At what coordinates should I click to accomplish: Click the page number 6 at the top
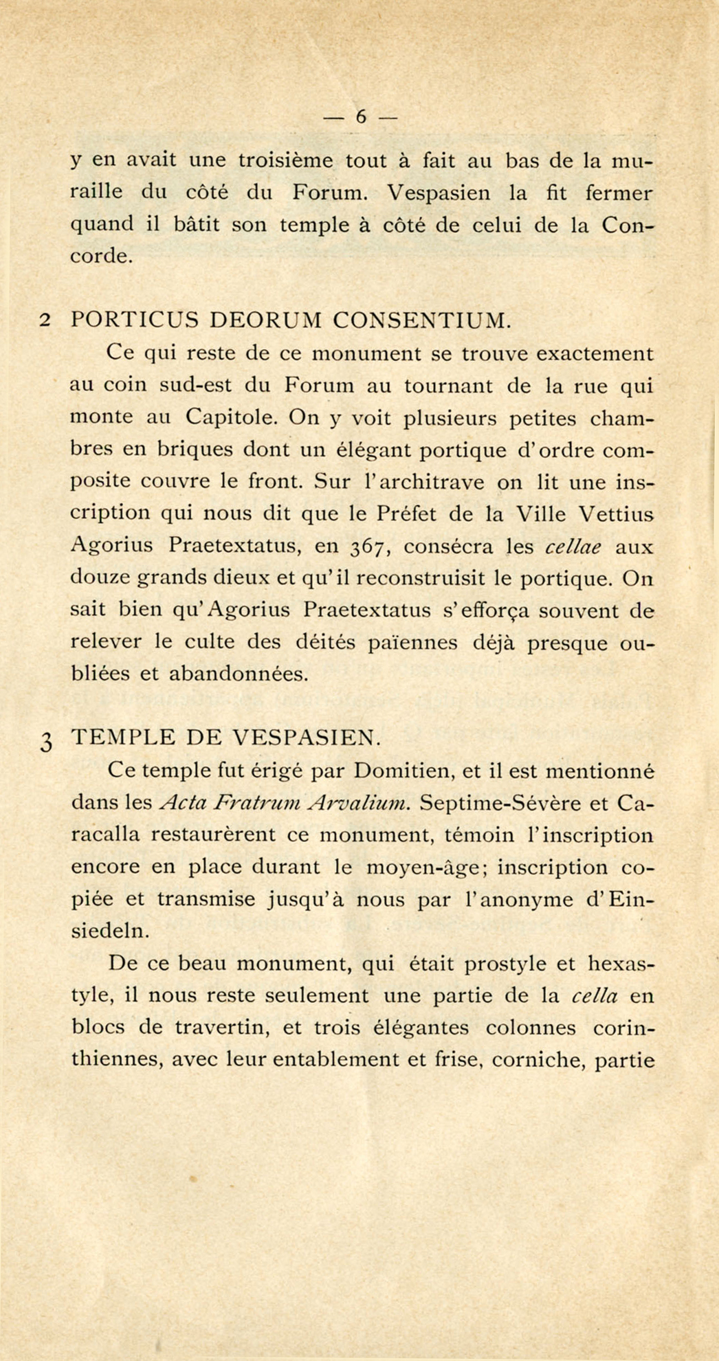click(360, 118)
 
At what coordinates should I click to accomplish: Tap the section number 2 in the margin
click(45, 320)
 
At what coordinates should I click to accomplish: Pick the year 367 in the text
click(371, 548)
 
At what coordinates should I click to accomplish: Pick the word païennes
click(411, 643)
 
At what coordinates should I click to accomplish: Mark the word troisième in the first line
click(285, 161)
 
